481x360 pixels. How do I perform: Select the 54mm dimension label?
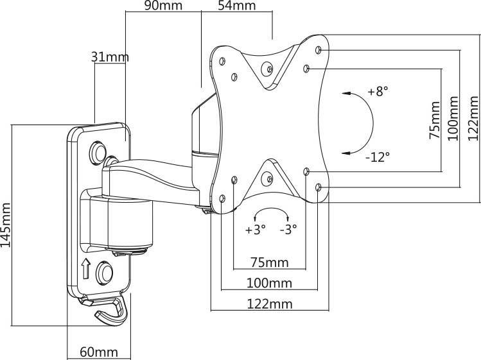tap(238, 7)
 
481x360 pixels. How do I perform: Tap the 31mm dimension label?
tap(110, 57)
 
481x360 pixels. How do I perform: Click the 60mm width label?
tap(99, 352)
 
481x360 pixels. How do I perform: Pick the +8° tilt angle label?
tap(378, 91)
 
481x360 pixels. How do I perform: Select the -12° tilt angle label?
tap(377, 156)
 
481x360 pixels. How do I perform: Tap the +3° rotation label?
tap(255, 229)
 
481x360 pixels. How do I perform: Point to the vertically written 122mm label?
tap(473, 118)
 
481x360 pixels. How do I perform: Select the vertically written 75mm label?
tap(435, 120)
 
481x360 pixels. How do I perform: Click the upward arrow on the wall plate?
tap(85, 269)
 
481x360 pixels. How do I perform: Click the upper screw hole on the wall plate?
tap(99, 152)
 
